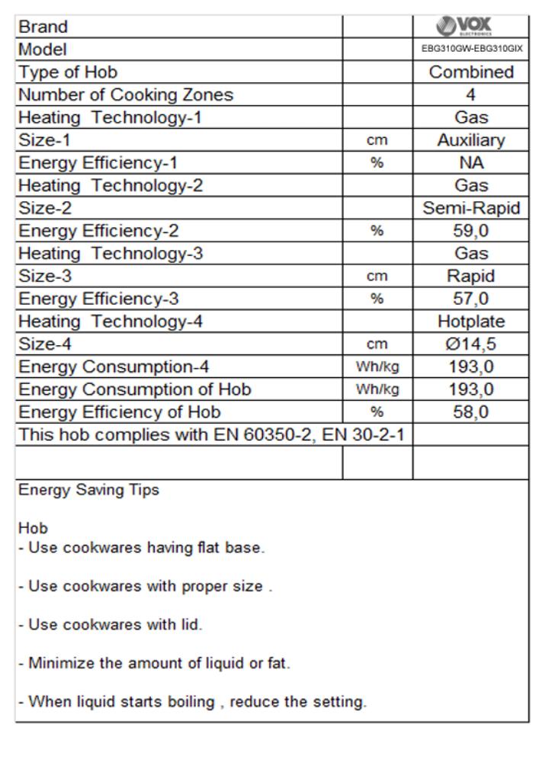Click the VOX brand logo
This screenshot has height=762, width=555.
click(470, 26)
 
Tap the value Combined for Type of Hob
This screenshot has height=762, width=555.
click(470, 73)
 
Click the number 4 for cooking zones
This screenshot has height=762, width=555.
click(470, 95)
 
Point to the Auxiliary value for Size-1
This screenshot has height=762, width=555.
click(470, 140)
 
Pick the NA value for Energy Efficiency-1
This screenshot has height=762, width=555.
click(470, 162)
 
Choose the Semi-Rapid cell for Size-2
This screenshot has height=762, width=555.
click(470, 206)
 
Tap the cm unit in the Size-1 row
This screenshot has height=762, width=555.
click(377, 140)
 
